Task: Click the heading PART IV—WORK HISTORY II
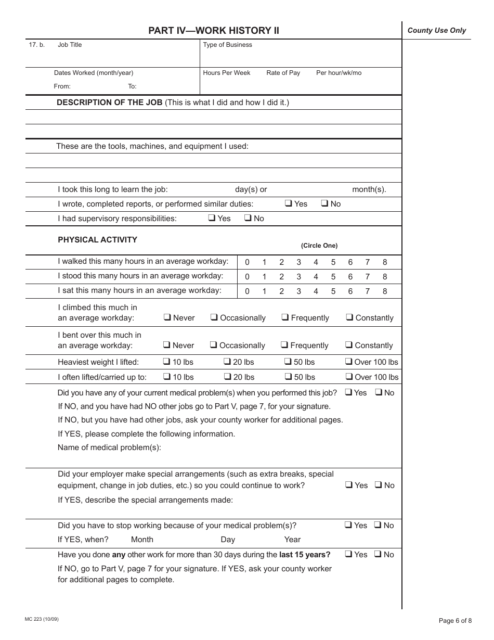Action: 214,31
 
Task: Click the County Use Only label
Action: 437,31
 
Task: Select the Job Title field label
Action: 70,45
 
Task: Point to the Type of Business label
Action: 227,45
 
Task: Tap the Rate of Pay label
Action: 283,73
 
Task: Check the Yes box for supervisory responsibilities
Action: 212,219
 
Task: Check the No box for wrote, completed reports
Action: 324,204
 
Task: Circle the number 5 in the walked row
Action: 333,263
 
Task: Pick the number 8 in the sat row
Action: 385,291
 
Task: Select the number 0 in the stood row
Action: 247,277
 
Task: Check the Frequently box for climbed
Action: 285,317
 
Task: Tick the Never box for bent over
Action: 166,345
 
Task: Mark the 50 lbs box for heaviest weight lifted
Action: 288,362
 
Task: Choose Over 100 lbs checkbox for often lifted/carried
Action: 349,377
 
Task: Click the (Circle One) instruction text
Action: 319,246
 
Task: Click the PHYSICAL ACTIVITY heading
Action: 97,240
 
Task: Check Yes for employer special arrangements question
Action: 348,485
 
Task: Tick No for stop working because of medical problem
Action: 378,525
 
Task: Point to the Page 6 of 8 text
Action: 455,620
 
